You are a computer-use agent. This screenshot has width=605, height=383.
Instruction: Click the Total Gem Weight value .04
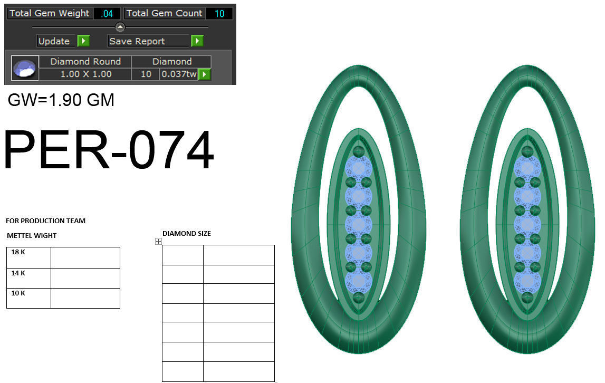coord(107,14)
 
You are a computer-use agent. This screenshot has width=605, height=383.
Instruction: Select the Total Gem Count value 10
coord(219,14)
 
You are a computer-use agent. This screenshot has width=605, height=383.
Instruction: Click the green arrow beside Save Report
coord(197,41)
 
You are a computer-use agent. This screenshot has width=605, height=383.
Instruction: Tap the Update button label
coord(54,41)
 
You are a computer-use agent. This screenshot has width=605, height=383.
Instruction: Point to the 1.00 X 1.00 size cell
coord(85,74)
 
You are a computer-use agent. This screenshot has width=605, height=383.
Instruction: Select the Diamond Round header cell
coord(85,62)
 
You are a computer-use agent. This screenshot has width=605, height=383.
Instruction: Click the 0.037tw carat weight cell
coord(178,74)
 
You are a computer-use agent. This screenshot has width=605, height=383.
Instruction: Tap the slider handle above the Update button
coord(120,27)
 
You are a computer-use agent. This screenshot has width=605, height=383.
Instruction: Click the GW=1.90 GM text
coord(61,100)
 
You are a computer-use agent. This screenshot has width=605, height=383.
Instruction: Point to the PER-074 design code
coord(108,150)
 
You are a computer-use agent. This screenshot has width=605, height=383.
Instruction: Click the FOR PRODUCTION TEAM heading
coord(45,221)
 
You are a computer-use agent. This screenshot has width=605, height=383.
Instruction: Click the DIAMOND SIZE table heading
coord(187,234)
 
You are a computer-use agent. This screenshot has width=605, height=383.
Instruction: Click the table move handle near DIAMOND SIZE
coord(158,241)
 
